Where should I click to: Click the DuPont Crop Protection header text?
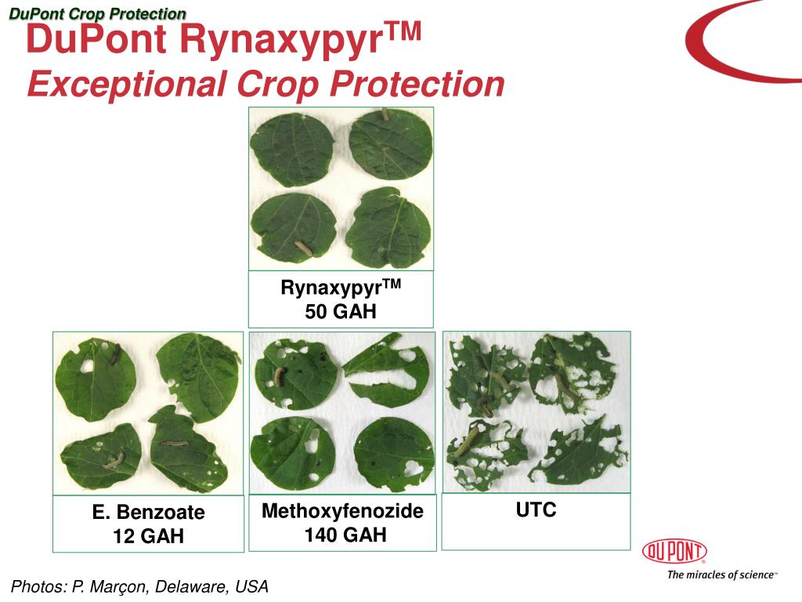[x=98, y=14]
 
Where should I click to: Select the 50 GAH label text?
[x=341, y=311]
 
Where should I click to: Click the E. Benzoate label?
[x=148, y=513]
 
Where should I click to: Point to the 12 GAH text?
[x=148, y=537]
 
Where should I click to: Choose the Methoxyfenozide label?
[x=342, y=512]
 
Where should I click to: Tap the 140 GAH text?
[x=342, y=535]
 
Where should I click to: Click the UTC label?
[x=536, y=510]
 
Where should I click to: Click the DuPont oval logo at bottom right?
[x=674, y=552]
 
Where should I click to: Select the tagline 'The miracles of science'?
[x=721, y=575]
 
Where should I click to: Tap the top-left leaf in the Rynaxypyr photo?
[x=291, y=148]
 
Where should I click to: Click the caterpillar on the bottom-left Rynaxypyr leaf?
[x=303, y=250]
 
